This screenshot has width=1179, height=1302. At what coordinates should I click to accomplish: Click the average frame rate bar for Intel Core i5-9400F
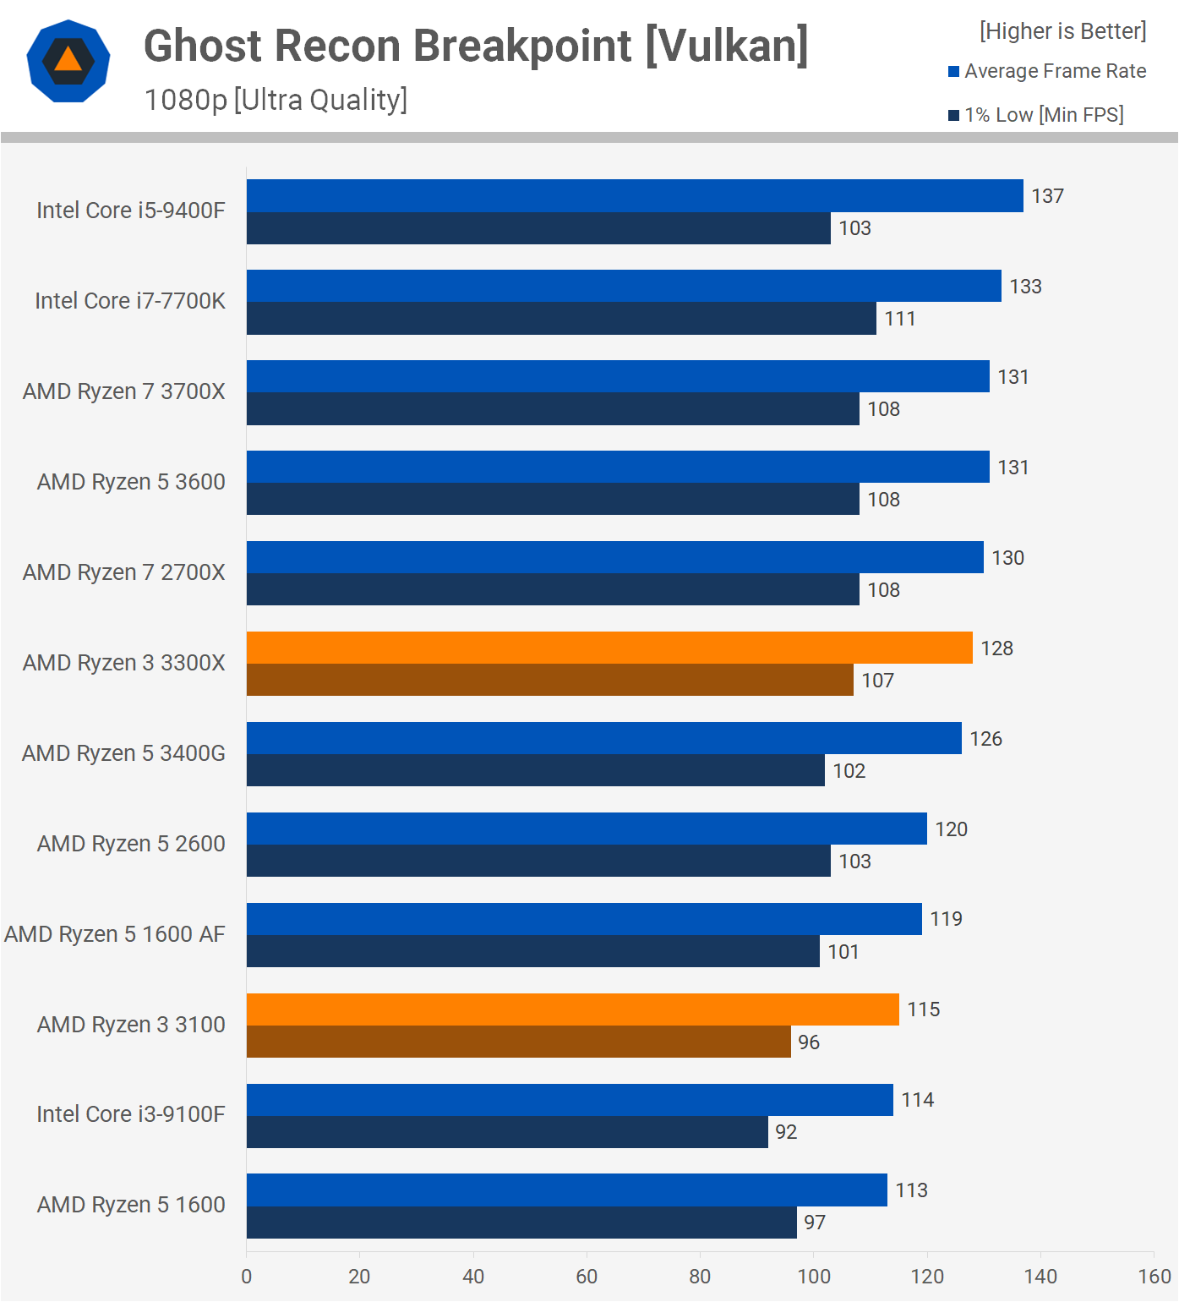634,195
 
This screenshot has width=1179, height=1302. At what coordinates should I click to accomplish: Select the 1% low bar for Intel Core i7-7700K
561,319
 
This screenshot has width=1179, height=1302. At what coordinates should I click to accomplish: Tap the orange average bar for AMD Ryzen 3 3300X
609,648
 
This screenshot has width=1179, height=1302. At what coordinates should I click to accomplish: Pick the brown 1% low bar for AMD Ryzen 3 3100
518,1042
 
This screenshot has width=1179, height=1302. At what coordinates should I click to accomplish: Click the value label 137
1047,196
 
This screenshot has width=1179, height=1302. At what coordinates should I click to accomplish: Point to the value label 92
786,1132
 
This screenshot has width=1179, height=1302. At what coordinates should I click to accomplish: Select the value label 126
985,739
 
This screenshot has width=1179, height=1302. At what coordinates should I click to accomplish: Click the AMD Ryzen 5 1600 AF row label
115,934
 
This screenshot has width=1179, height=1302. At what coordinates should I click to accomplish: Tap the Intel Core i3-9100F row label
131,1114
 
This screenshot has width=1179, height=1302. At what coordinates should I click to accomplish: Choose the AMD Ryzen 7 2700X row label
124,572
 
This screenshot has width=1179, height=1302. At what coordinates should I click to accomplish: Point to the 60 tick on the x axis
587,1277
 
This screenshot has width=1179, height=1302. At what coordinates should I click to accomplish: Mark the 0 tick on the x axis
247,1277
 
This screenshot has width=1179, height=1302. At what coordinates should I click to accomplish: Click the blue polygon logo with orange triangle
68,61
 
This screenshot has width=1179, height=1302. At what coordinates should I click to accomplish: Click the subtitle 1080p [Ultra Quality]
276,100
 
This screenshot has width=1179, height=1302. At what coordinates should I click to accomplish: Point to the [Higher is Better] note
1062,31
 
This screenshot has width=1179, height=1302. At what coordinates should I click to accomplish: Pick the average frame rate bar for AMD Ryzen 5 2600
587,829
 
